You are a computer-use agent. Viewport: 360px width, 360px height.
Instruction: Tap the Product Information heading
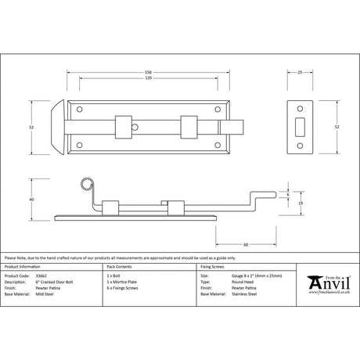23,267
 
